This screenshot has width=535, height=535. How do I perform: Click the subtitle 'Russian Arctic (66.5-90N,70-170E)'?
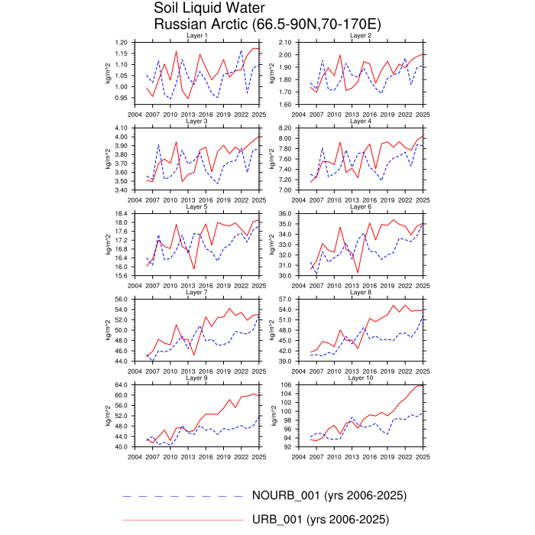tap(267, 24)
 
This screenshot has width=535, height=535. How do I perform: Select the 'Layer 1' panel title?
tap(197, 37)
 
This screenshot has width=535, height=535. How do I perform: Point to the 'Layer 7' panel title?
tap(197, 292)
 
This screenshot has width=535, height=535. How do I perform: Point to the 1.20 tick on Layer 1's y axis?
tap(121, 42)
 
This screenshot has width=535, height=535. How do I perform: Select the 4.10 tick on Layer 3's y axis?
tap(121, 128)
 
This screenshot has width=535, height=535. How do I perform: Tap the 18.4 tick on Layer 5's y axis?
tap(121, 213)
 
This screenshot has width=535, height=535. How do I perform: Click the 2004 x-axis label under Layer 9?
tap(135, 457)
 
